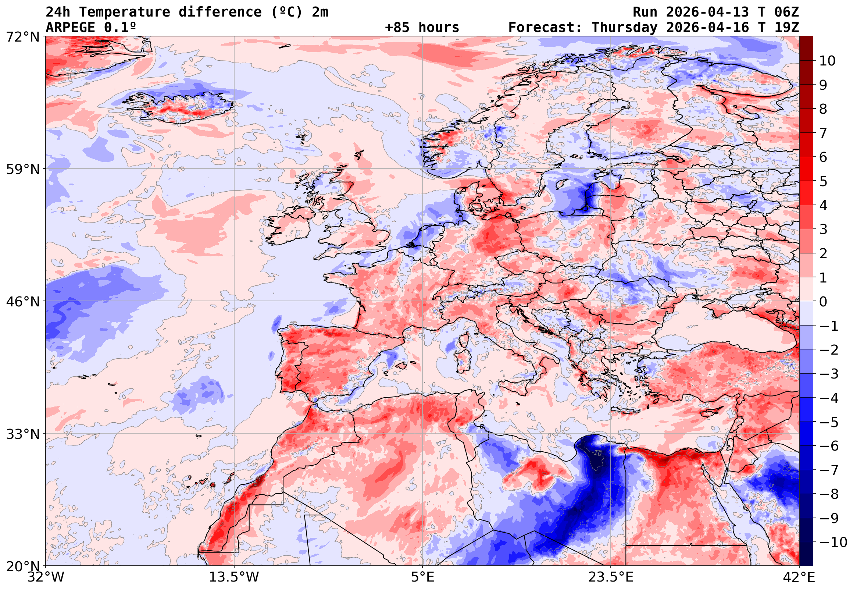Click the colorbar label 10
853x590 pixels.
coord(827,61)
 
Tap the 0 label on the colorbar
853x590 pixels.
coord(823,302)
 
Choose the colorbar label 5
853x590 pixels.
coord(823,181)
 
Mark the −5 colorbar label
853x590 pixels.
coord(829,422)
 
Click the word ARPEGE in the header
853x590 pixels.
coord(70,27)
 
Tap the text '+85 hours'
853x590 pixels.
coord(422,27)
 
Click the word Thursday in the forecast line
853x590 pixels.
coord(625,27)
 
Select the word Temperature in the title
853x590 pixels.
coord(125,12)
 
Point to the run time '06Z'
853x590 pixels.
coord(786,12)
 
